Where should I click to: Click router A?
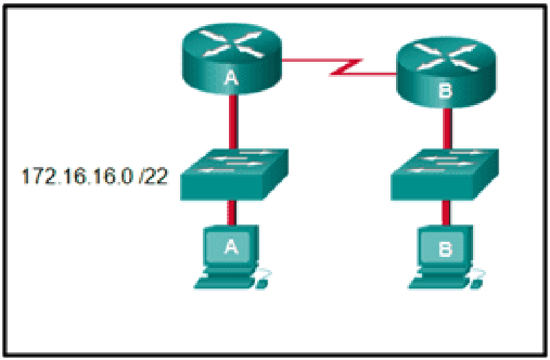pyautogui.click(x=232, y=58)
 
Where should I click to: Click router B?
pyautogui.click(x=445, y=71)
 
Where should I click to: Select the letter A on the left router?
pyautogui.click(x=231, y=78)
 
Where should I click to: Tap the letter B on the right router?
pyautogui.click(x=445, y=91)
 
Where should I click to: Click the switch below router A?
pyautogui.click(x=234, y=175)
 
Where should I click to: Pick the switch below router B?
pyautogui.click(x=445, y=175)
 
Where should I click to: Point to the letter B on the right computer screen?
pyautogui.click(x=445, y=249)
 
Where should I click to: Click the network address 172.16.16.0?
pyautogui.click(x=77, y=176)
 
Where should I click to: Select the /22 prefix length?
pyautogui.click(x=153, y=176)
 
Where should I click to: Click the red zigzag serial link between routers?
pyautogui.click(x=339, y=67)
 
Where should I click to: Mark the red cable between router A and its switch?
pyautogui.click(x=233, y=122)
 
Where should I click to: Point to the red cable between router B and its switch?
pyautogui.click(x=447, y=128)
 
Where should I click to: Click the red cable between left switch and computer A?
pyautogui.click(x=231, y=213)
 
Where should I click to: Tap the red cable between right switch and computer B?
pyautogui.click(x=445, y=213)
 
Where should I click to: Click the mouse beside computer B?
pyautogui.click(x=477, y=280)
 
